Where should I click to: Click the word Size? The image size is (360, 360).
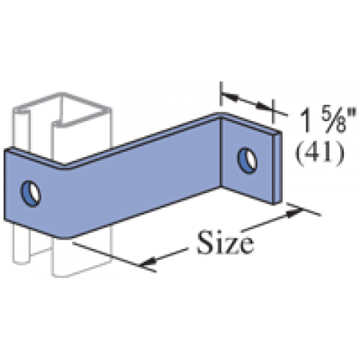coord(226,242)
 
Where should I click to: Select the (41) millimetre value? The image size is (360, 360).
coord(319,153)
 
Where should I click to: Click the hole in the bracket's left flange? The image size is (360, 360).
coord(31,194)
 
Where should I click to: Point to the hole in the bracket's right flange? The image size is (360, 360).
coord(247,161)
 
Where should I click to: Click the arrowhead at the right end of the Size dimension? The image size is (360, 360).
coord(293,212)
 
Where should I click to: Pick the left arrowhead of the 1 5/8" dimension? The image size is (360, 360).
coord(231,97)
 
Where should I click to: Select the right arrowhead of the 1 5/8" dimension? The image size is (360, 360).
coord(264,106)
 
